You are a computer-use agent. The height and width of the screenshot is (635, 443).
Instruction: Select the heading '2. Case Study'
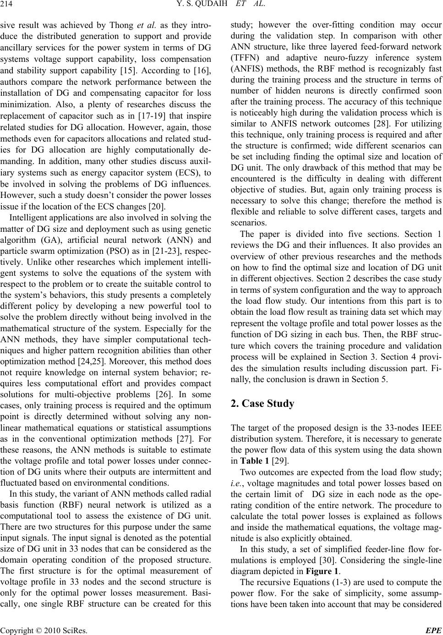pos(263,404)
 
